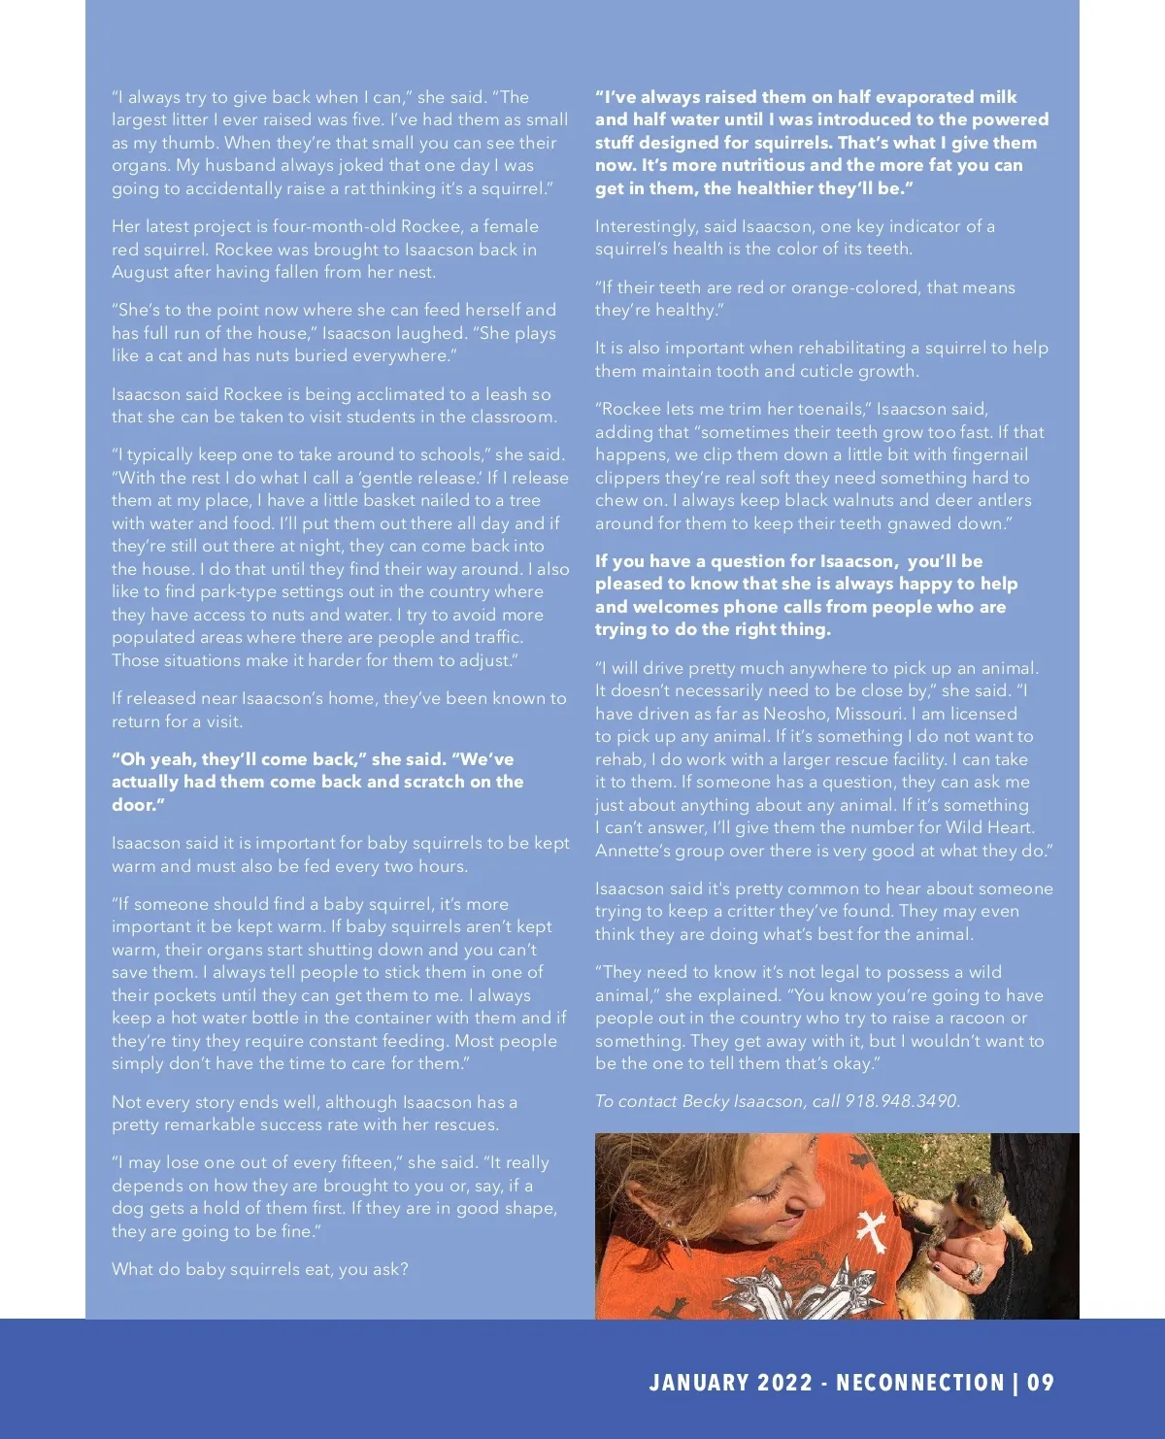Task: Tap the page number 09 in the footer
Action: (1041, 1383)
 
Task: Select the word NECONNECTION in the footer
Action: (920, 1383)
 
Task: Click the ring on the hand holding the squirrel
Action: (977, 1273)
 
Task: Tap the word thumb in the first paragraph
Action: (190, 143)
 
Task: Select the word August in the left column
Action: (140, 272)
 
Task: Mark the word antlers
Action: (999, 500)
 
